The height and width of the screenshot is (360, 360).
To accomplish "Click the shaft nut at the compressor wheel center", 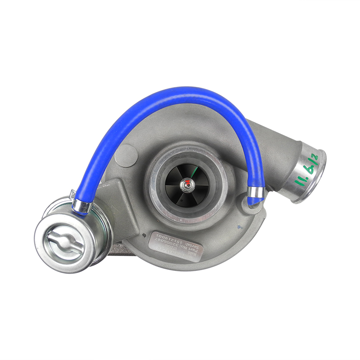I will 186,184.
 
